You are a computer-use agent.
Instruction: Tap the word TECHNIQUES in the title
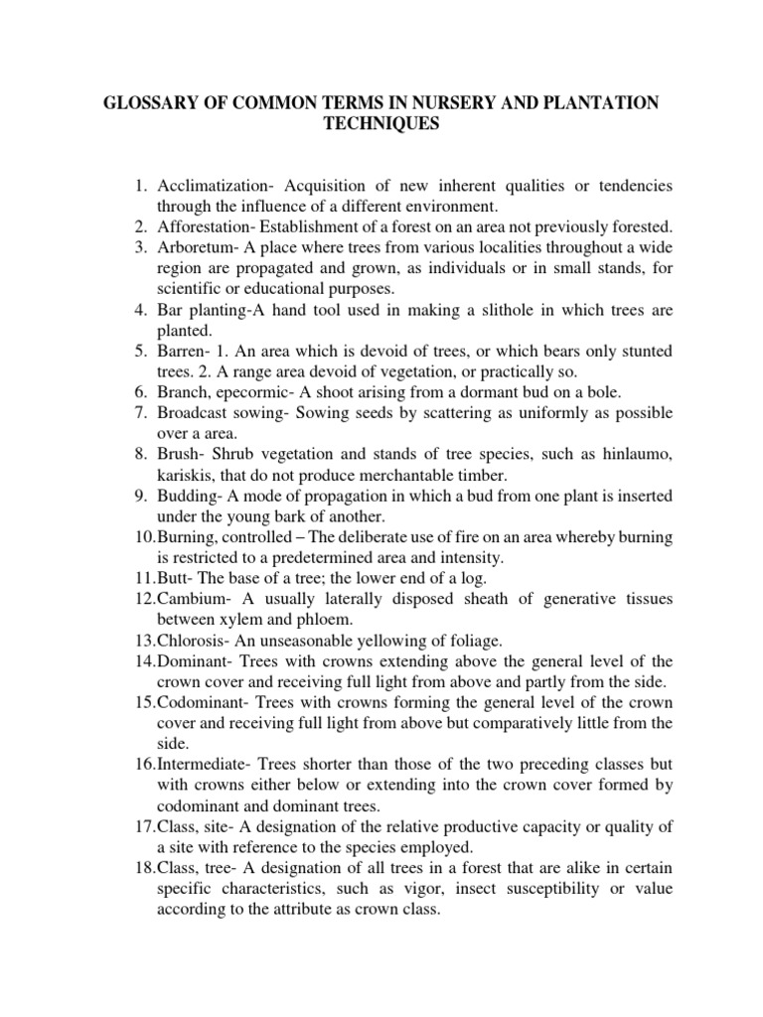coord(381,124)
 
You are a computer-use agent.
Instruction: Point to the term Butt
coord(172,577)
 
